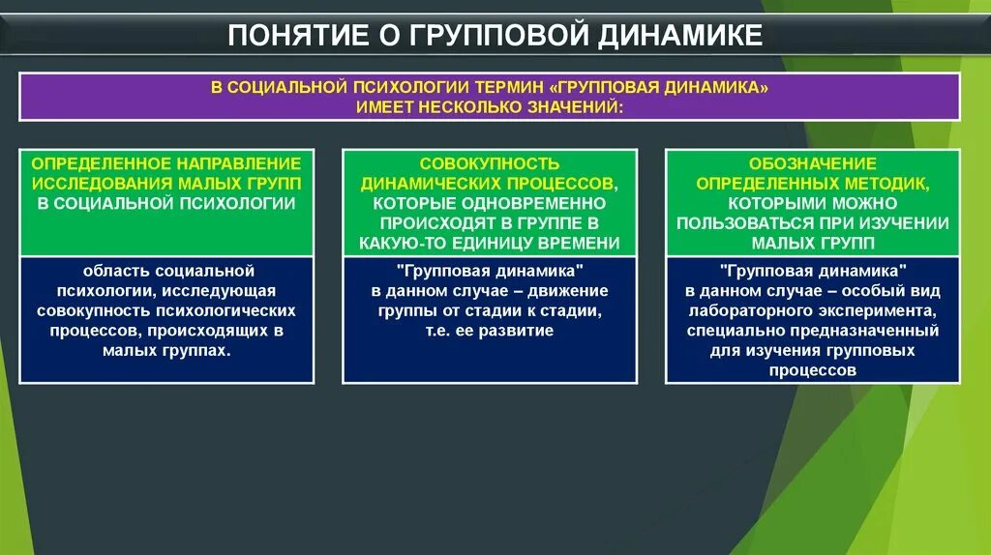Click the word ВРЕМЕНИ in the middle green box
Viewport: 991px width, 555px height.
pos(585,243)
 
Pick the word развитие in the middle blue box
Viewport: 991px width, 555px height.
pos(520,331)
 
